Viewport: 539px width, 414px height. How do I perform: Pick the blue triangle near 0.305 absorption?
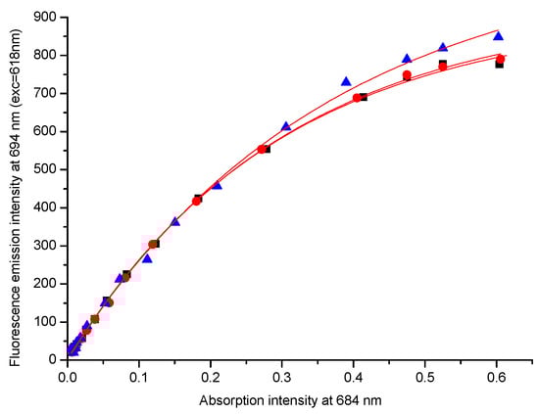pos(286,126)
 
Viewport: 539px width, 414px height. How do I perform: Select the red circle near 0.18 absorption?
pos(197,200)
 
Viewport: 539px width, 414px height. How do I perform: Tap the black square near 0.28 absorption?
pos(267,149)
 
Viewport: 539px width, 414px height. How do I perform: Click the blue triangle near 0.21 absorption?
pos(217,184)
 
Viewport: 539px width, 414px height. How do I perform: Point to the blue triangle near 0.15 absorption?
pos(175,221)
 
